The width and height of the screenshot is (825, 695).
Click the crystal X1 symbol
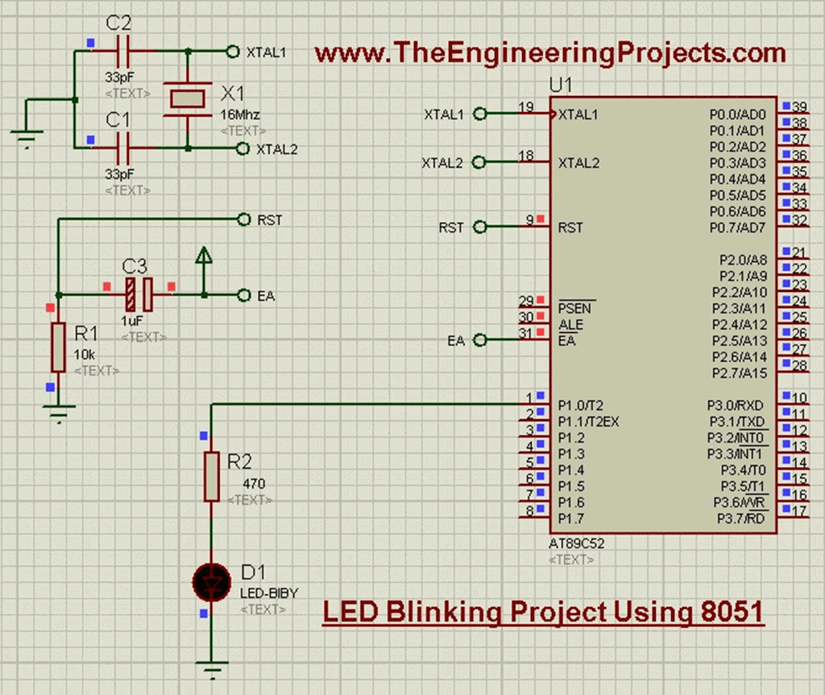pyautogui.click(x=188, y=98)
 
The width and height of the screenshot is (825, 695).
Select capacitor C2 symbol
pyautogui.click(x=124, y=51)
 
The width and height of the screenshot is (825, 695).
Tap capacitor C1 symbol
pyautogui.click(x=124, y=148)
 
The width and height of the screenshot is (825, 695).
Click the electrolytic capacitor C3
pyautogui.click(x=138, y=295)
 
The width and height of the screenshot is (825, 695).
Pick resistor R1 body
pyautogui.click(x=58, y=347)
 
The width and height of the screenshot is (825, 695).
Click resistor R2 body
pyautogui.click(x=211, y=477)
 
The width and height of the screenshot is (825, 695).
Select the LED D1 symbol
pyautogui.click(x=211, y=581)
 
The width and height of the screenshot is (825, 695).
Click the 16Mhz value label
pyautogui.click(x=240, y=115)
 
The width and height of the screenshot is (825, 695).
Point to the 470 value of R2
pyautogui.click(x=254, y=484)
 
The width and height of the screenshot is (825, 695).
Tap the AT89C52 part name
pyautogui.click(x=576, y=544)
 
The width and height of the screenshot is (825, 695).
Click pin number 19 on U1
pyautogui.click(x=526, y=107)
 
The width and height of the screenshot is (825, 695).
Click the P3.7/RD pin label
pyautogui.click(x=741, y=518)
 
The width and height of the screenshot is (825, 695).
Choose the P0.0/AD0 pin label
pyautogui.click(x=737, y=114)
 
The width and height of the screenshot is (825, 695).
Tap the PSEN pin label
pyautogui.click(x=574, y=308)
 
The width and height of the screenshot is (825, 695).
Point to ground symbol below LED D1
pyautogui.click(x=211, y=668)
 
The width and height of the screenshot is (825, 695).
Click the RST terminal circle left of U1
pyautogui.click(x=481, y=227)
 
